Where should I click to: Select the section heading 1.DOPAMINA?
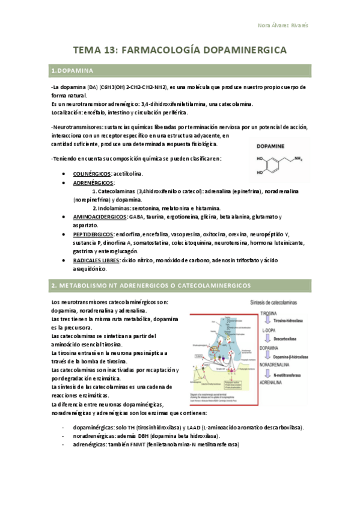(x=72, y=72)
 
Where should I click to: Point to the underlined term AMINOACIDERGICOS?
(x=99, y=217)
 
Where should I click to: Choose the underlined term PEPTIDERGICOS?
(x=94, y=234)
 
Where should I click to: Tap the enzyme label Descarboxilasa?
(x=291, y=339)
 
